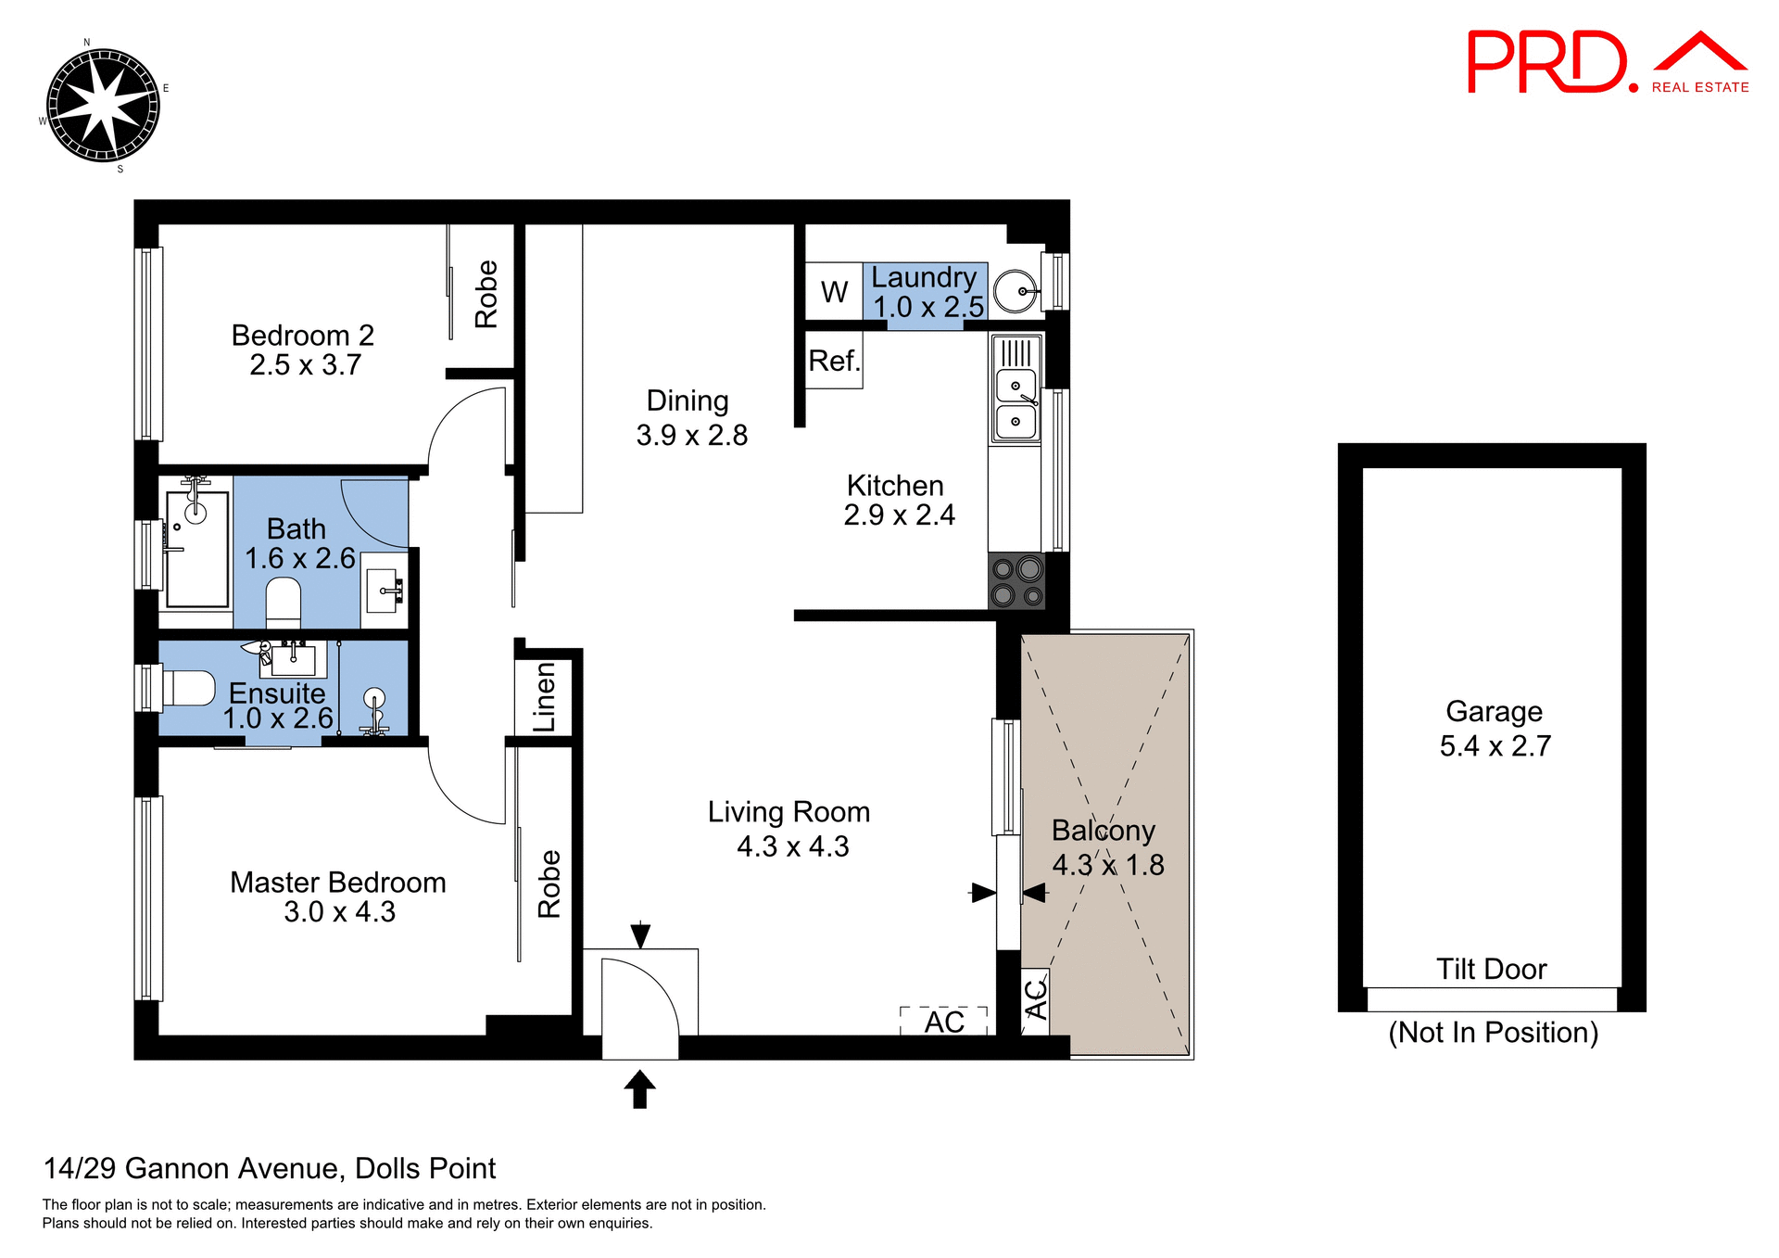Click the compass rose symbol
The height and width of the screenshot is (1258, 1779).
coord(103,106)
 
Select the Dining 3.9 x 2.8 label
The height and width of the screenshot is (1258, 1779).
coord(689,418)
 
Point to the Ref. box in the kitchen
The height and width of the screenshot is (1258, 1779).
coord(834,361)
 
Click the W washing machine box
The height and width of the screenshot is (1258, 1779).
coord(834,292)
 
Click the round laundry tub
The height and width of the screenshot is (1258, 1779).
coord(1016,291)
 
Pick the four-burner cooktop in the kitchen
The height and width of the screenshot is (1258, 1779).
coord(1016,581)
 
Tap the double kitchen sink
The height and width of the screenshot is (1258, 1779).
coord(1016,403)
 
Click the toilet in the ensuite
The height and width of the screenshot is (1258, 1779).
coord(189,688)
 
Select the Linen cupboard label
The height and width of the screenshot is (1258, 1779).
coord(545,697)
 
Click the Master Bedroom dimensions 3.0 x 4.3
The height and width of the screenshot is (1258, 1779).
coord(339,912)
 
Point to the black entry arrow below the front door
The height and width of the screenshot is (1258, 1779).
coord(639,1089)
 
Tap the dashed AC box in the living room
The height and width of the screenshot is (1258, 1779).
coord(944,1021)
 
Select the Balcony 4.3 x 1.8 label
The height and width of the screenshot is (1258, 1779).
coord(1106,847)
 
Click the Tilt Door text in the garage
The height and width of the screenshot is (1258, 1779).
coord(1491,969)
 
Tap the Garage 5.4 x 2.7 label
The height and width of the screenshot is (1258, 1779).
coord(1494,729)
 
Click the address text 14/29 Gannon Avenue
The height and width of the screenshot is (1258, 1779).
coord(270,1168)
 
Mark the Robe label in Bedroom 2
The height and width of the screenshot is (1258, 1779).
coord(486,294)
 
